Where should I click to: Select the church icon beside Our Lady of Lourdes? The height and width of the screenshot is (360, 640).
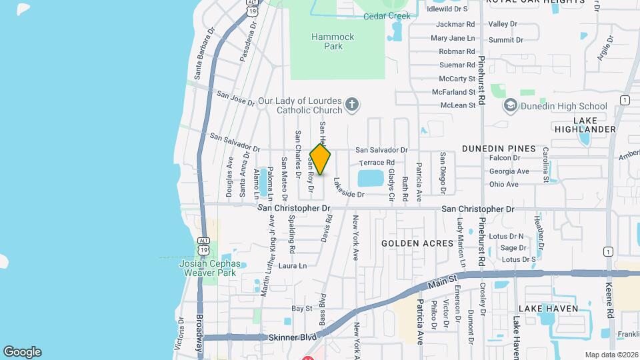click(x=353, y=105)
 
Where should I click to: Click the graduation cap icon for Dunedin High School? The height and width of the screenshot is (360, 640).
click(x=511, y=105)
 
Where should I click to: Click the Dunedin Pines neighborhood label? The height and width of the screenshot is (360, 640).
click(x=498, y=148)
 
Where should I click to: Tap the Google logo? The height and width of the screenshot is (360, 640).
click(x=22, y=352)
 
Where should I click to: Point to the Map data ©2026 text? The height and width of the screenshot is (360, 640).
click(x=611, y=355)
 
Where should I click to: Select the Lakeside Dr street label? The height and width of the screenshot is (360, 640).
click(x=349, y=189)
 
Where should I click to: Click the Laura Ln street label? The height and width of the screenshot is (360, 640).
click(x=293, y=265)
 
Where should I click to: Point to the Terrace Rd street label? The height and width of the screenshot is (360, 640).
click(x=377, y=163)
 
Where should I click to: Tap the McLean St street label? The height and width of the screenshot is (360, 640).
click(x=457, y=105)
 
